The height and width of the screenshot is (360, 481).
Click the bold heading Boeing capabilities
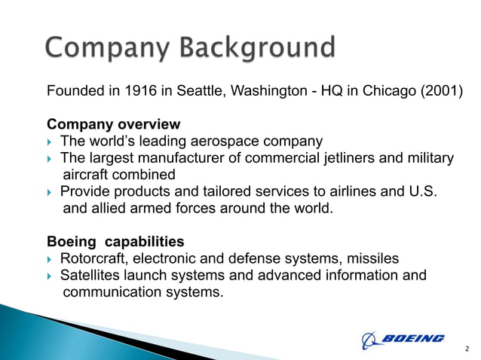(115, 242)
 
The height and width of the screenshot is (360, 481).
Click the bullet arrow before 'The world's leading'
(51, 141)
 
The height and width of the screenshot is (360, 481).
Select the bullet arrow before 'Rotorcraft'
(51, 258)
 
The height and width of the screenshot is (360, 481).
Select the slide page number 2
(467, 349)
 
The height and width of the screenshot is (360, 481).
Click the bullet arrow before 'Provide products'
(51, 191)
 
